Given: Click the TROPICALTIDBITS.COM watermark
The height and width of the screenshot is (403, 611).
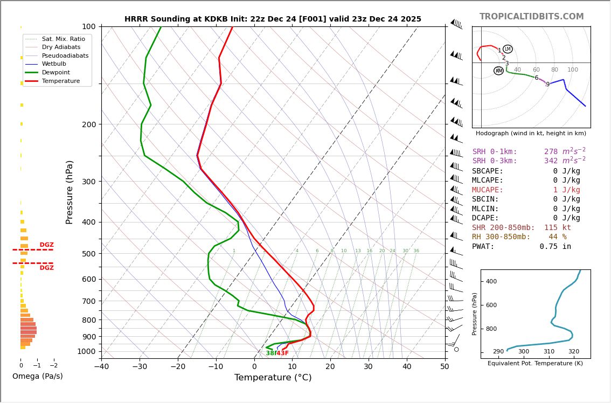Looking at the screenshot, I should pyautogui.click(x=531, y=17).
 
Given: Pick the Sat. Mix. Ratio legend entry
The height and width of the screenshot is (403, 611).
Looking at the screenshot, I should pyautogui.click(x=63, y=39).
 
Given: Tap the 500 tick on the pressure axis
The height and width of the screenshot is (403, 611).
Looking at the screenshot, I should pyautogui.click(x=89, y=254).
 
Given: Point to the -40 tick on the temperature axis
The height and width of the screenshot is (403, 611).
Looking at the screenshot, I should pyautogui.click(x=101, y=367).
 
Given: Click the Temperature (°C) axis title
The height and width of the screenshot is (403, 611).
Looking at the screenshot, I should pyautogui.click(x=273, y=378).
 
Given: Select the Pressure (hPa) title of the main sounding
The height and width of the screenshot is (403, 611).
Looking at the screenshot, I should pyautogui.click(x=70, y=192).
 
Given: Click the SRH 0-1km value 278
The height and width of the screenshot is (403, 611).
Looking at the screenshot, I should pyautogui.click(x=551, y=152).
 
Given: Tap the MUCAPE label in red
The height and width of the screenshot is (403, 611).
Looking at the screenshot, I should pyautogui.click(x=488, y=190).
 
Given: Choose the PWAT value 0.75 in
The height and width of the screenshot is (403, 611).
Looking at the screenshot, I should pyautogui.click(x=555, y=247).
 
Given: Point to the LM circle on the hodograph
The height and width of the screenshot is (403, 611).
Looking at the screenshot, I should pyautogui.click(x=508, y=49).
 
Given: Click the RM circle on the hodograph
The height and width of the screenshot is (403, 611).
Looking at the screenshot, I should pyautogui.click(x=498, y=71).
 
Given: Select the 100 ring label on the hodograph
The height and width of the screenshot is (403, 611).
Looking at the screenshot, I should pyautogui.click(x=572, y=70).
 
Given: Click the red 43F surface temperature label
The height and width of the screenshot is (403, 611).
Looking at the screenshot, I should pyautogui.click(x=283, y=353).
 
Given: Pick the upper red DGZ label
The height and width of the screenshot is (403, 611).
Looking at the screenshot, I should pyautogui.click(x=47, y=245).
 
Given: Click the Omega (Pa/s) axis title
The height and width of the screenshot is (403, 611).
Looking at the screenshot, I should pyautogui.click(x=38, y=377).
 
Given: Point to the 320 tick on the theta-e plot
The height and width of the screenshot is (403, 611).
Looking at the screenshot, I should pyautogui.click(x=573, y=352).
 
